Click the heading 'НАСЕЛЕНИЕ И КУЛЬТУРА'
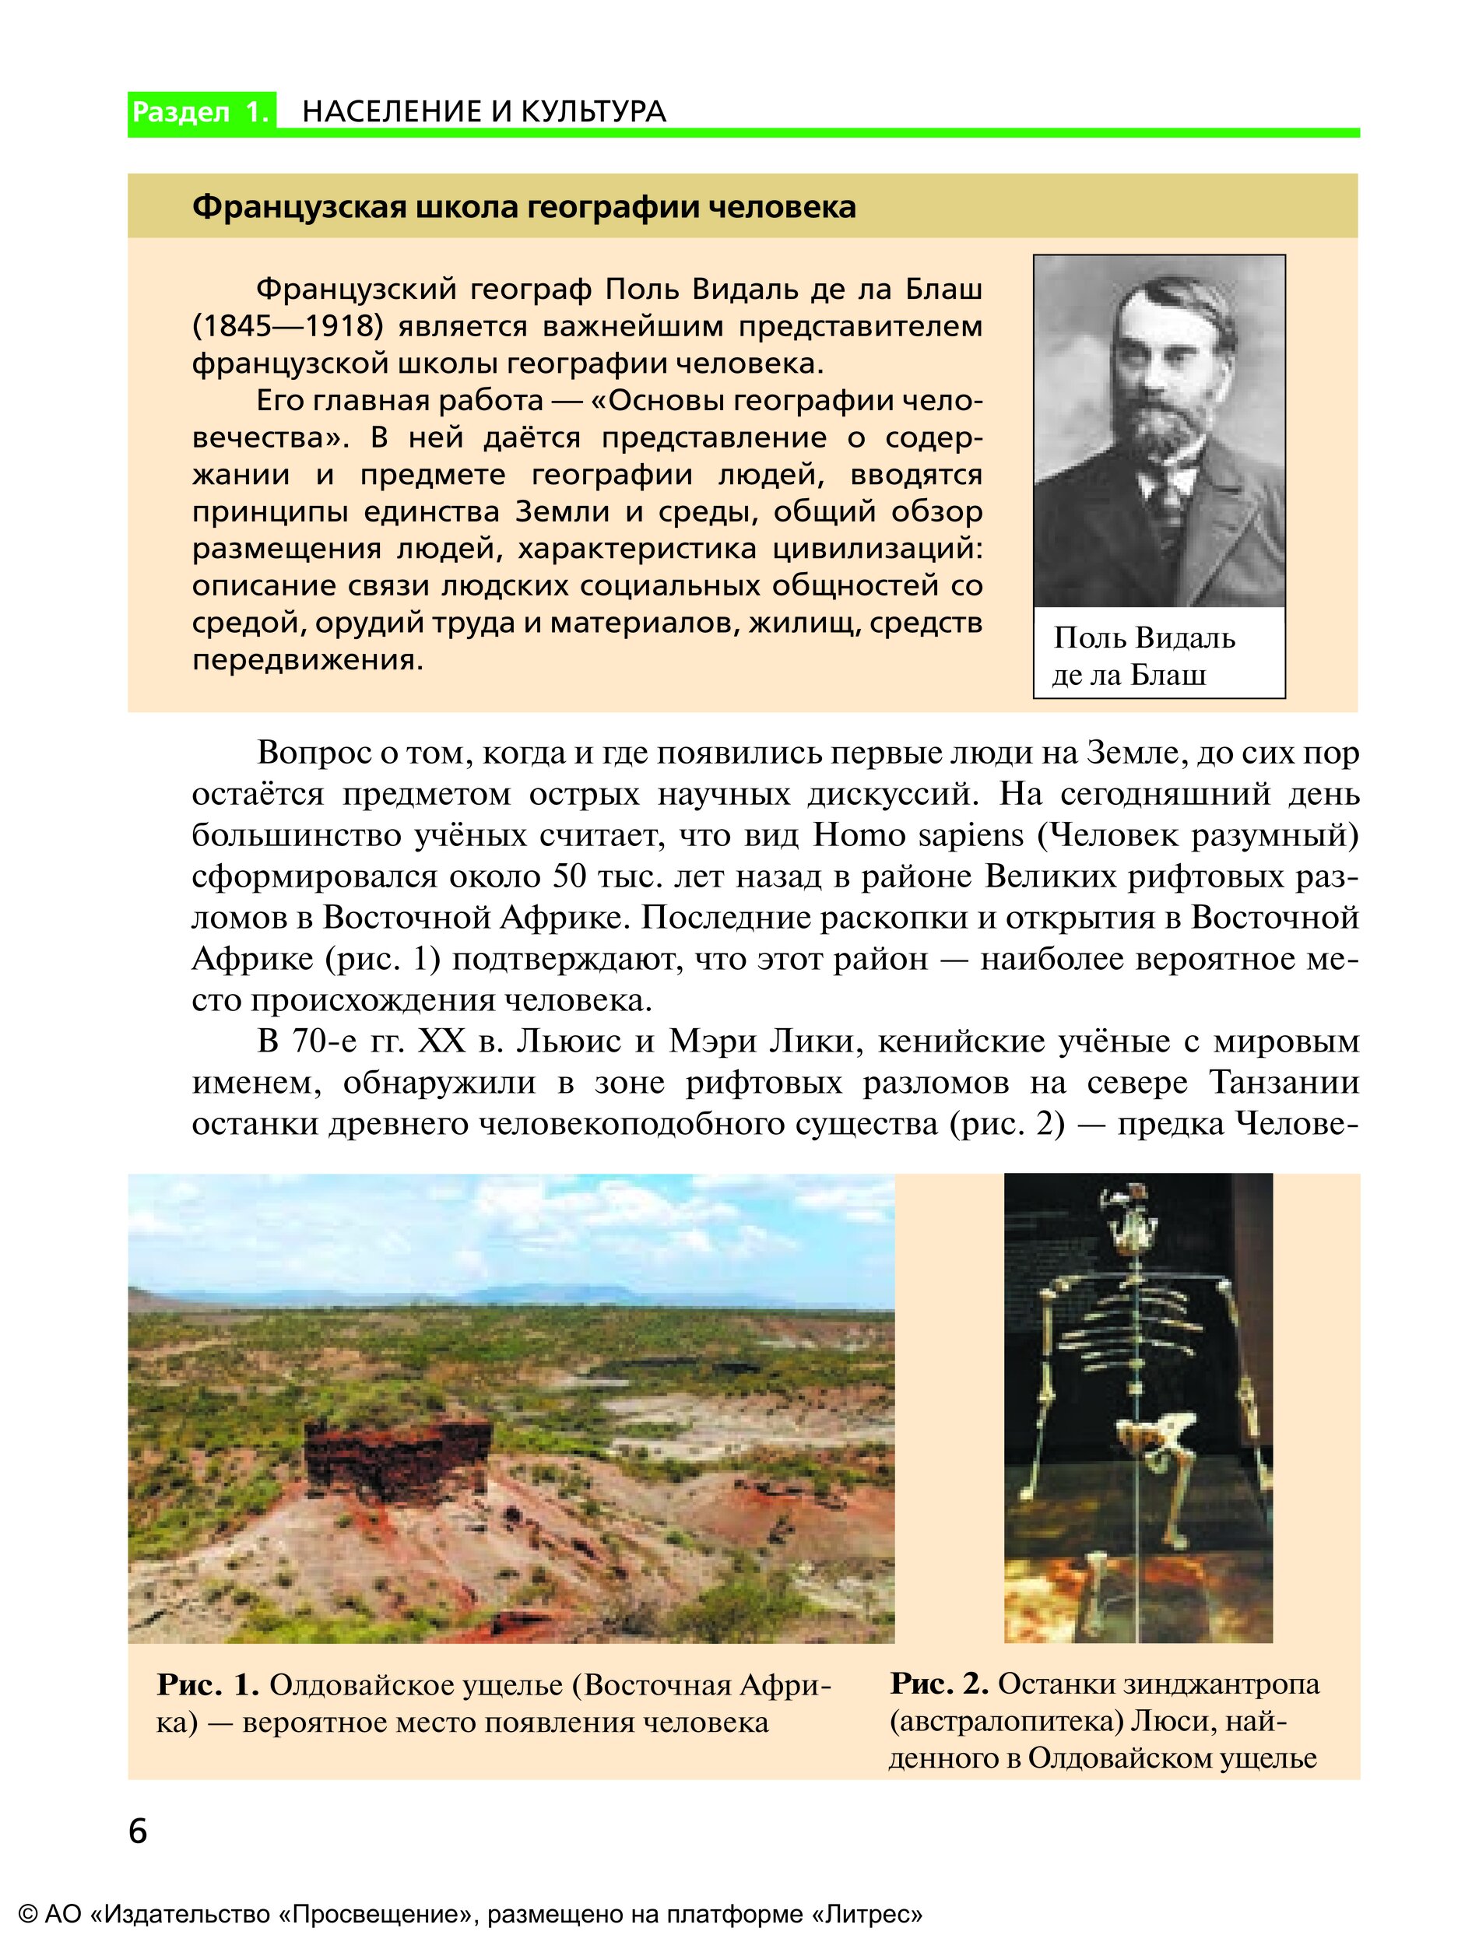pyautogui.click(x=484, y=112)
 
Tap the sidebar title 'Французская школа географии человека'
pyautogui.click(x=524, y=207)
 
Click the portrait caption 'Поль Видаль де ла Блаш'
pyautogui.click(x=1144, y=656)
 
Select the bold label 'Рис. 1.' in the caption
pyautogui.click(x=208, y=1685)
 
